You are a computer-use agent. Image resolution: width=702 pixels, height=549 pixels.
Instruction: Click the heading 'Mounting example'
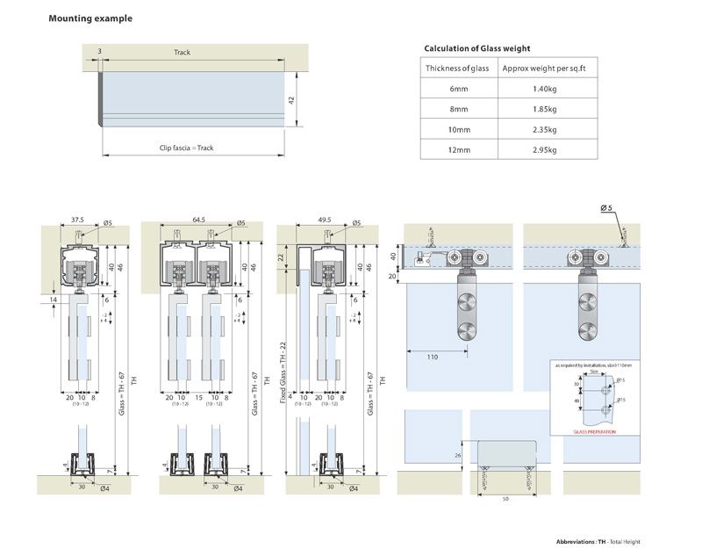pos(90,18)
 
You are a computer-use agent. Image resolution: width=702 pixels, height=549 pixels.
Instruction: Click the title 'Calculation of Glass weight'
pos(476,48)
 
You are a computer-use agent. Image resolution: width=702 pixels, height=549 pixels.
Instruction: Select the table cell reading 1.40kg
pos(544,89)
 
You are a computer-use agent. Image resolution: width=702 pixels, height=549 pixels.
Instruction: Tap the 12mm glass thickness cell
pos(458,149)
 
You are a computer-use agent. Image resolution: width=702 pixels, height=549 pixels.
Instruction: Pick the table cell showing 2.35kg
pos(544,129)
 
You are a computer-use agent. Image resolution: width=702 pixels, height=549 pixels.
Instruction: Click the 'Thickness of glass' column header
pos(458,69)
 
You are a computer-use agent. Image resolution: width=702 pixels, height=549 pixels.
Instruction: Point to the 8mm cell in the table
pos(458,109)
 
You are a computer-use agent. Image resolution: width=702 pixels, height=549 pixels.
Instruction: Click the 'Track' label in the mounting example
pos(182,53)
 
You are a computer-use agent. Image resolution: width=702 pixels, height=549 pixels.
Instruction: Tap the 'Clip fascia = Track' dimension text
pos(186,148)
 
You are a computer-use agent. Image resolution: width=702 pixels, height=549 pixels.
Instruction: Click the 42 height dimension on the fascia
pos(291,100)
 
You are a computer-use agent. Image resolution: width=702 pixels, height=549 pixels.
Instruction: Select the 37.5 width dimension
pos(77,220)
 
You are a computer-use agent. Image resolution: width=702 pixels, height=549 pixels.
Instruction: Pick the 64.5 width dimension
pos(197,220)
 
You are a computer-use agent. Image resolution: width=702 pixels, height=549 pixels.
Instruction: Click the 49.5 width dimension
pos(324,220)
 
